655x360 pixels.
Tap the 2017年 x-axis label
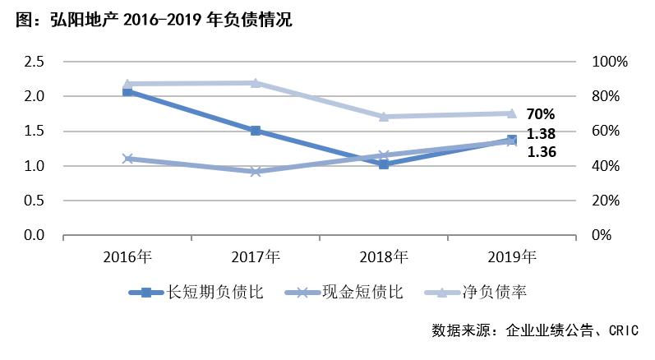pyautogui.click(x=256, y=256)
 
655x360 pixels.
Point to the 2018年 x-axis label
pyautogui.click(x=384, y=256)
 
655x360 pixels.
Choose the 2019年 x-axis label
pyautogui.click(x=511, y=256)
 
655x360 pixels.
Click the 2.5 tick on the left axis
pyautogui.click(x=34, y=62)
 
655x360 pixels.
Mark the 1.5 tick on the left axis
pyautogui.click(x=34, y=132)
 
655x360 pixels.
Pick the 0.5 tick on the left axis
pyautogui.click(x=34, y=201)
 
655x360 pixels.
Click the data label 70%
pyautogui.click(x=541, y=115)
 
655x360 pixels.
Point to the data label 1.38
pyautogui.click(x=541, y=133)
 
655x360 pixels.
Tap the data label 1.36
pyautogui.click(x=541, y=151)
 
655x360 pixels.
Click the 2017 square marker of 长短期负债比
pyautogui.click(x=256, y=131)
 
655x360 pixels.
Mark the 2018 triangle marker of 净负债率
pyautogui.click(x=384, y=116)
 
